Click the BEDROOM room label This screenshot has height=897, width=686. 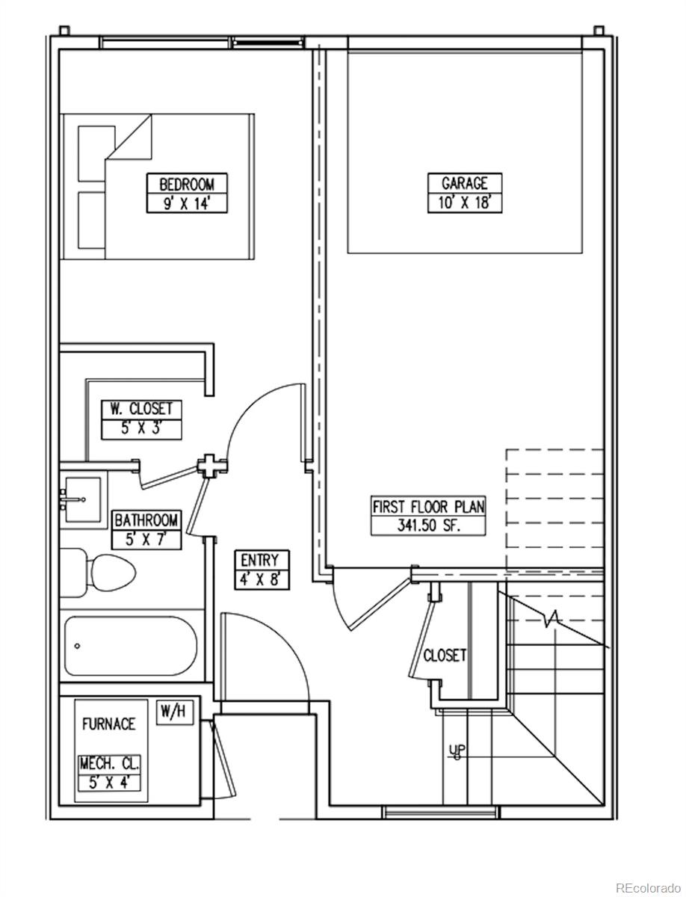[x=187, y=184]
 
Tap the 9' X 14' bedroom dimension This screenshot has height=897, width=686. [x=187, y=203]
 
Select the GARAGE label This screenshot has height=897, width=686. [x=465, y=183]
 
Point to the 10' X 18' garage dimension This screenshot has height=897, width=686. [x=465, y=203]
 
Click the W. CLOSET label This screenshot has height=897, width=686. [x=141, y=409]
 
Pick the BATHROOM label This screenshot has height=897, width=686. [x=146, y=520]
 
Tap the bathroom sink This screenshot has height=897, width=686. [x=82, y=499]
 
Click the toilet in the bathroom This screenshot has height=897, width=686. [x=98, y=572]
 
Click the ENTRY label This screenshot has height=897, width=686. [x=259, y=560]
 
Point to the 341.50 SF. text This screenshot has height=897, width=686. [x=429, y=525]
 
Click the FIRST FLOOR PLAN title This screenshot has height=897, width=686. [x=428, y=507]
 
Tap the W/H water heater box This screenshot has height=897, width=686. [x=174, y=712]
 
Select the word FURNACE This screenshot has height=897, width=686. [x=108, y=724]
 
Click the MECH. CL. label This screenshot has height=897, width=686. [x=109, y=763]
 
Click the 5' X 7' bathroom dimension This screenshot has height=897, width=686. [x=146, y=540]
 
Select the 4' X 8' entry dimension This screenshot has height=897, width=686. [x=262, y=579]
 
